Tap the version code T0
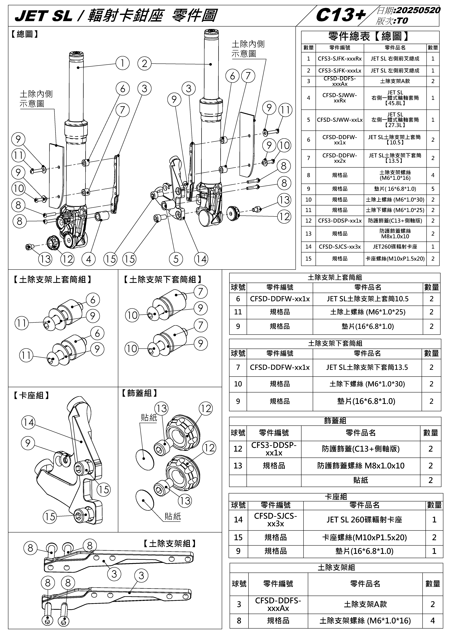(402, 21)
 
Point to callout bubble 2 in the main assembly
(144, 64)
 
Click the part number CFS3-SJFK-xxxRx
(340, 59)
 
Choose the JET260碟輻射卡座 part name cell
(395, 247)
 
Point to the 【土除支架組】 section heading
(170, 544)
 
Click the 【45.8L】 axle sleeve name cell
(395, 98)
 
